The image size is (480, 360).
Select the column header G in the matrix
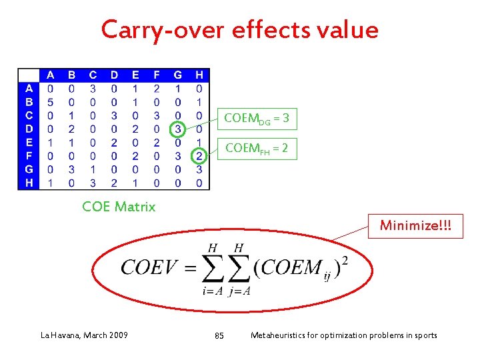(177, 75)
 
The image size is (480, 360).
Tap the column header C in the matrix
(93, 75)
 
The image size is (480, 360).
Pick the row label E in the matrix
(29, 142)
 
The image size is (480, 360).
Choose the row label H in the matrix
(29, 183)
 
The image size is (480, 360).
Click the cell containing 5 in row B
(51, 102)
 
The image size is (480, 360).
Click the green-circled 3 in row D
(177, 129)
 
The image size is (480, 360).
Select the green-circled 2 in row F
(199, 155)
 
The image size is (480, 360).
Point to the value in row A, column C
(93, 88)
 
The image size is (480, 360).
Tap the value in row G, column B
(71, 169)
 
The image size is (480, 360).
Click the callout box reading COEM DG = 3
(257, 119)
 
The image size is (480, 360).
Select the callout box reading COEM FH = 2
(257, 149)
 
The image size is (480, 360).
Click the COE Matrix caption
(119, 207)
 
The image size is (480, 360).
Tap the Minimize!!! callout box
(415, 226)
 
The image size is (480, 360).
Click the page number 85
(219, 335)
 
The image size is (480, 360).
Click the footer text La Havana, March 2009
(84, 335)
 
